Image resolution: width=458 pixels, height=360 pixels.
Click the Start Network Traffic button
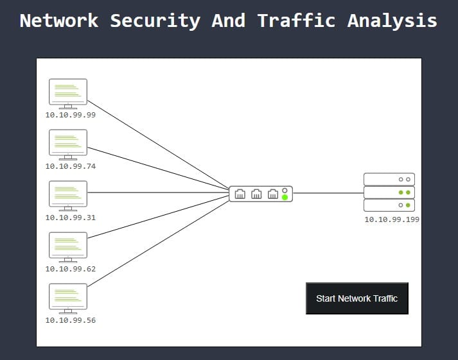coord(357,298)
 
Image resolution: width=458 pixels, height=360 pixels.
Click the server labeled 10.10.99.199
coord(389,192)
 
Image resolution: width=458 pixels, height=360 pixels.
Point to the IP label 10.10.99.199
coord(392,219)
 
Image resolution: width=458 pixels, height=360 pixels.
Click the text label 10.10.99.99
coord(70,115)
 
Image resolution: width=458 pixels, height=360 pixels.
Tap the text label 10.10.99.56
coord(70,320)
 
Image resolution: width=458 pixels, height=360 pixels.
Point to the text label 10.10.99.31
coord(70,218)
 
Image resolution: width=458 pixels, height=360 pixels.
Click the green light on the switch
coord(285,197)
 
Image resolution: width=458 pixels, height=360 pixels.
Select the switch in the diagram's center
coord(260,193)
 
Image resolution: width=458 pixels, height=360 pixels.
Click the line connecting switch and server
coord(328,193)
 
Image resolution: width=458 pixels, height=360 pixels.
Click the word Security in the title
coord(155,21)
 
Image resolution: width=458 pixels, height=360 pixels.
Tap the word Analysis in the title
coord(392,21)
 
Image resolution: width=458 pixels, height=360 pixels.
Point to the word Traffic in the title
coord(296,21)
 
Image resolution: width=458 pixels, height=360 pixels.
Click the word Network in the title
coord(58,21)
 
